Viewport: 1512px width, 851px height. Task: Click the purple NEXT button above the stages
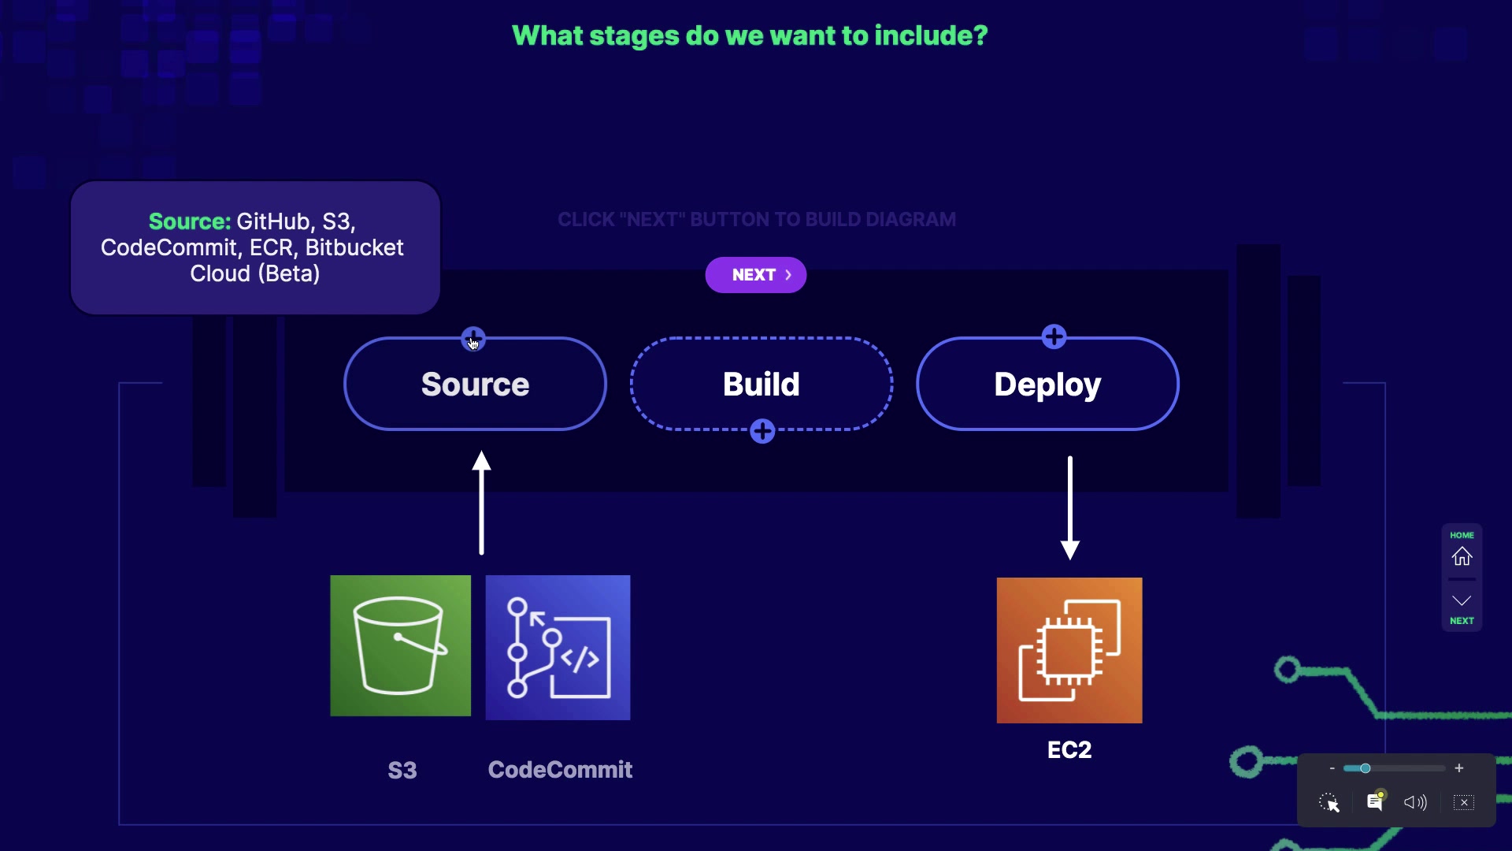pos(755,275)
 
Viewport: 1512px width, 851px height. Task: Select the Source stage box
pos(475,385)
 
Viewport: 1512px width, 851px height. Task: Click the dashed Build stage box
pos(761,385)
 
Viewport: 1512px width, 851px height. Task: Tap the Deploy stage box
pos(1047,385)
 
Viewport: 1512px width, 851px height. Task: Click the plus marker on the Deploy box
pos(1054,337)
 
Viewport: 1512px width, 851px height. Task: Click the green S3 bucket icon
pos(400,646)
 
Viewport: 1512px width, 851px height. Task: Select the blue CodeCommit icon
pos(558,648)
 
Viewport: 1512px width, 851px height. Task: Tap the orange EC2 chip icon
pos(1069,651)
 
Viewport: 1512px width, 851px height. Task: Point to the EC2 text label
pos(1069,749)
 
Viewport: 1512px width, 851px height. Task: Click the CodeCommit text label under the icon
pos(560,770)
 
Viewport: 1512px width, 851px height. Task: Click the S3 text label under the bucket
pos(402,770)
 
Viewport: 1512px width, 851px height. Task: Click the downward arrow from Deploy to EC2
pos(1069,507)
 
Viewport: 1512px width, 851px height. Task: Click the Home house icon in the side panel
pos(1462,556)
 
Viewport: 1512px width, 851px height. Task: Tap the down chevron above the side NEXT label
pos(1462,600)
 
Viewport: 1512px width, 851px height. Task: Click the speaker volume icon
pos(1415,802)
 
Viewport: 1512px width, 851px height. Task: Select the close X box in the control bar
pos(1464,802)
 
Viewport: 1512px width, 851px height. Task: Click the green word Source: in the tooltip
pos(189,221)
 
